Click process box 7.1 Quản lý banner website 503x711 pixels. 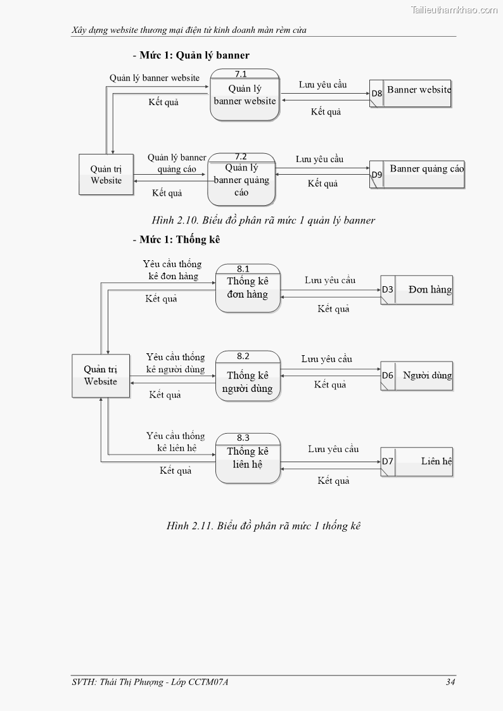point(245,95)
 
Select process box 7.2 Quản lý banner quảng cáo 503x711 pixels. point(241,180)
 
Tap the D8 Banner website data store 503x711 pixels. point(411,93)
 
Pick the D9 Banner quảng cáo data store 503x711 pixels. point(417,174)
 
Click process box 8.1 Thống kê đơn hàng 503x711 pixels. point(248,288)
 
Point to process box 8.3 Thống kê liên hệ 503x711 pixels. point(248,458)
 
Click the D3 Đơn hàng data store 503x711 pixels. point(417,290)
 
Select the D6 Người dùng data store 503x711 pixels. point(417,375)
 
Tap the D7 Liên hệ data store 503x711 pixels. point(417,462)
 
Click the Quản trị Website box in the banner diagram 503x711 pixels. point(106,174)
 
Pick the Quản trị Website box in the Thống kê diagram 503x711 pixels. point(101,375)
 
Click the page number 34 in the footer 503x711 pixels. point(450,682)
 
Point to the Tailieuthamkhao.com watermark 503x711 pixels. point(454,9)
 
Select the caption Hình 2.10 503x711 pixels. point(264,220)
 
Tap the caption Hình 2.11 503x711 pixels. point(264,525)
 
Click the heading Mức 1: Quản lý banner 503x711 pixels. point(191,55)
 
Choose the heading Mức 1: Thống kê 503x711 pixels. point(176,240)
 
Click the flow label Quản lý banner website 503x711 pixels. point(155,78)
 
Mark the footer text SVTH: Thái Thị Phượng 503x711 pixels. point(150,682)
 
